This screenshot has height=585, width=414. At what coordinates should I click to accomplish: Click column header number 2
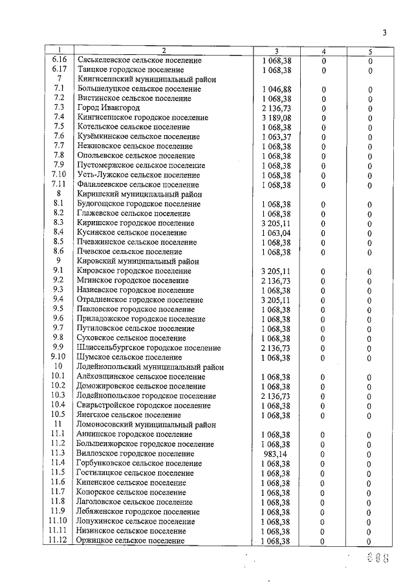point(164,50)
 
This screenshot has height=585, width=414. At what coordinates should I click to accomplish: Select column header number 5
point(370,50)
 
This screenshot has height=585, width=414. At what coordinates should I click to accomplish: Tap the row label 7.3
point(59,107)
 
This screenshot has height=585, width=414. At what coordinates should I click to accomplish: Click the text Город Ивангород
point(108,107)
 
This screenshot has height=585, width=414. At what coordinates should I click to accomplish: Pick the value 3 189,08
point(276,118)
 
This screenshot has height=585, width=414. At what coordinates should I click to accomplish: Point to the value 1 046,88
point(276,89)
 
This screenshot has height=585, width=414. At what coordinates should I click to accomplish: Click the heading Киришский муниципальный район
point(139,194)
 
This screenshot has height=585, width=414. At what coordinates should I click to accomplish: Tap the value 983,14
point(276,454)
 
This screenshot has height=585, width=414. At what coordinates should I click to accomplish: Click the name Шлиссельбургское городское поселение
point(148,348)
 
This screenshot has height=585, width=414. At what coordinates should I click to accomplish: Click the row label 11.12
point(59,540)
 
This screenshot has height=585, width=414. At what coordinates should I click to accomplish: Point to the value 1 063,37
point(276,136)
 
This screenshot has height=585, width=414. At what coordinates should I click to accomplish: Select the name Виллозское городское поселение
point(135,454)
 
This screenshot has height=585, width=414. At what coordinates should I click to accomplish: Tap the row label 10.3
point(59,396)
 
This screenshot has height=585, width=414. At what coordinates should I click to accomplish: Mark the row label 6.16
point(59,60)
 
